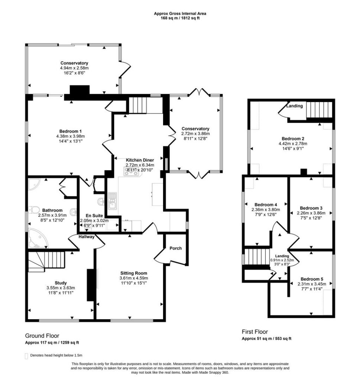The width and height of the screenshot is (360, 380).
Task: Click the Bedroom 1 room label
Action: pyautogui.click(x=70, y=131)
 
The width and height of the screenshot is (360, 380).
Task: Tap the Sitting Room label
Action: pyautogui.click(x=134, y=273)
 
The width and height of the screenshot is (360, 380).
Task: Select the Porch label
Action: pyautogui.click(x=176, y=248)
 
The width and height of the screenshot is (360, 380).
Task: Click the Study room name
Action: pyautogui.click(x=61, y=283)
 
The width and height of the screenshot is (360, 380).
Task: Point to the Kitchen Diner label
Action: pyautogui.click(x=140, y=160)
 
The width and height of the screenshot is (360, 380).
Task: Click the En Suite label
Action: pyautogui.click(x=94, y=216)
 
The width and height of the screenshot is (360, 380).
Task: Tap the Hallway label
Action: pyautogui.click(x=86, y=237)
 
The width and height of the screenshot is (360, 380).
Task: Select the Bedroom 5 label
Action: pyautogui.click(x=312, y=279)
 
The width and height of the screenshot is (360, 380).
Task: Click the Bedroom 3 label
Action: pyautogui.click(x=311, y=208)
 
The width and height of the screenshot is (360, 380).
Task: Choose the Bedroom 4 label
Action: pyautogui.click(x=266, y=205)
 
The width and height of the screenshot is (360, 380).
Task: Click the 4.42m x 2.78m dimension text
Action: pyautogui.click(x=293, y=144)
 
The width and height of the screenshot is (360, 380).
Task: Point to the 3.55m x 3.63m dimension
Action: pyautogui.click(x=61, y=288)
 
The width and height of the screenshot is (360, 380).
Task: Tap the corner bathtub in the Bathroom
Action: pyautogui.click(x=38, y=239)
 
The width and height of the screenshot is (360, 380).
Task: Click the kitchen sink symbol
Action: pyautogui.click(x=113, y=201)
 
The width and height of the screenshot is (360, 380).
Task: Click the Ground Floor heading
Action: pyautogui.click(x=42, y=335)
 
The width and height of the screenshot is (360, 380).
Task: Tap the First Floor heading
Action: pyautogui.click(x=255, y=332)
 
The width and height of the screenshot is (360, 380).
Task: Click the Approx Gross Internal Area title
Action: pyautogui.click(x=180, y=14)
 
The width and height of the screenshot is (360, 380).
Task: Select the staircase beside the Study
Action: pyautogui.click(x=46, y=261)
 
